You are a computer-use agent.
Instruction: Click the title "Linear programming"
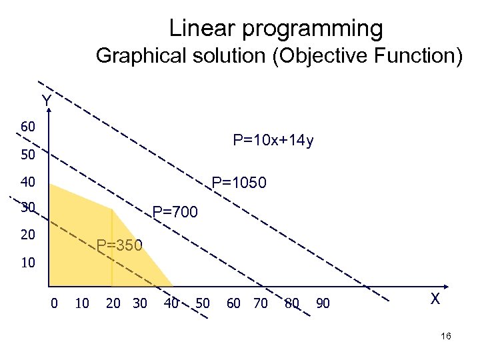tap(276, 28)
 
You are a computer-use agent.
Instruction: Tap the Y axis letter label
tap(46, 101)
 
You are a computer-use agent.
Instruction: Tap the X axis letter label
tap(435, 299)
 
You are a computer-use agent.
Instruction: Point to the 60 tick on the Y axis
tap(28, 127)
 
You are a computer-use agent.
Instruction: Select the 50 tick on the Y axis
tap(28, 155)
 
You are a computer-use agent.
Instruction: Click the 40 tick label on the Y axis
tap(28, 181)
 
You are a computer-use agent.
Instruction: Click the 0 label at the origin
tap(54, 304)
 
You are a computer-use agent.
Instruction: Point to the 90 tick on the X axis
tap(323, 304)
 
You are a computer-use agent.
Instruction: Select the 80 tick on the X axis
tap(291, 304)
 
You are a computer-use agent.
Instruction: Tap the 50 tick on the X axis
tap(203, 304)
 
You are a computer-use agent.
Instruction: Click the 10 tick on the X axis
tap(81, 304)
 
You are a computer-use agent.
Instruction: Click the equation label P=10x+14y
tap(273, 141)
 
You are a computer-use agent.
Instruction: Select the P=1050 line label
tap(239, 182)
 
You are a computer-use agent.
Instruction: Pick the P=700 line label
tap(175, 213)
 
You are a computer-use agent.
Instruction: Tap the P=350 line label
tap(119, 245)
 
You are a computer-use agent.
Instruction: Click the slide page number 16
tap(446, 337)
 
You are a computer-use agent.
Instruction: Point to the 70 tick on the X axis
tap(261, 304)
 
